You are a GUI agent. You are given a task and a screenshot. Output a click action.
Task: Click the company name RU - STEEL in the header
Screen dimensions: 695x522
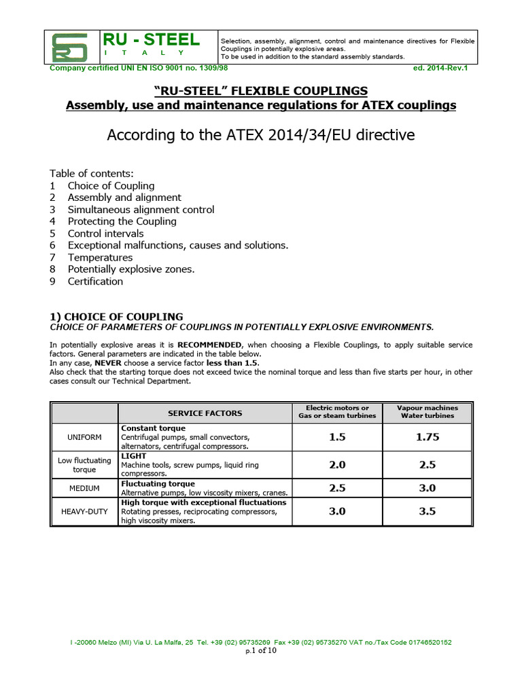pos(151,40)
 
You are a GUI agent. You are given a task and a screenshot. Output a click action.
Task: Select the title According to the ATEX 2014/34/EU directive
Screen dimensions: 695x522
pos(260,135)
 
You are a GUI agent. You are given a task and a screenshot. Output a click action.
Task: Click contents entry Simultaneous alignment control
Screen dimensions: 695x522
pos(141,210)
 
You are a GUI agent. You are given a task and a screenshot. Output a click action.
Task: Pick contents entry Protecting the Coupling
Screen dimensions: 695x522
pos(122,221)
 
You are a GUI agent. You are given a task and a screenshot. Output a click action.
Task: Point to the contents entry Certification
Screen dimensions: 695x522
pos(95,281)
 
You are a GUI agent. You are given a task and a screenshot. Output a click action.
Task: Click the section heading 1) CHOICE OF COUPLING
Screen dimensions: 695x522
pos(116,316)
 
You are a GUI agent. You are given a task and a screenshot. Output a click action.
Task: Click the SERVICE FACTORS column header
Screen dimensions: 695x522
pos(205,413)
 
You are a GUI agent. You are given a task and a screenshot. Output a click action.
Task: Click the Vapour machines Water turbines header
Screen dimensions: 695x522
pos(428,412)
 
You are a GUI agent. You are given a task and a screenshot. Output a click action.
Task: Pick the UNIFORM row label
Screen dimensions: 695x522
pos(84,438)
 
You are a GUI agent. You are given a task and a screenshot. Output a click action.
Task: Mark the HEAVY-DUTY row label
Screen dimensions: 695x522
pos(84,511)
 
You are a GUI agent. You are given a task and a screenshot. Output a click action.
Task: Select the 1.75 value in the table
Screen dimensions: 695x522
pos(428,438)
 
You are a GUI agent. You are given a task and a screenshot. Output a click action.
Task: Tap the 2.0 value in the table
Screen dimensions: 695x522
pos(337,465)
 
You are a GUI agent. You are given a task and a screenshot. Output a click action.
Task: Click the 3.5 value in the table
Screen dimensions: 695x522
pos(428,511)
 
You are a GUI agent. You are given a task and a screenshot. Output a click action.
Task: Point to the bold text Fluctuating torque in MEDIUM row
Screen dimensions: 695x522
pos(158,484)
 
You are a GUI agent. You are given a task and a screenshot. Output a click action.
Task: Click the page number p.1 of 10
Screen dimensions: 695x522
pos(261,651)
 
